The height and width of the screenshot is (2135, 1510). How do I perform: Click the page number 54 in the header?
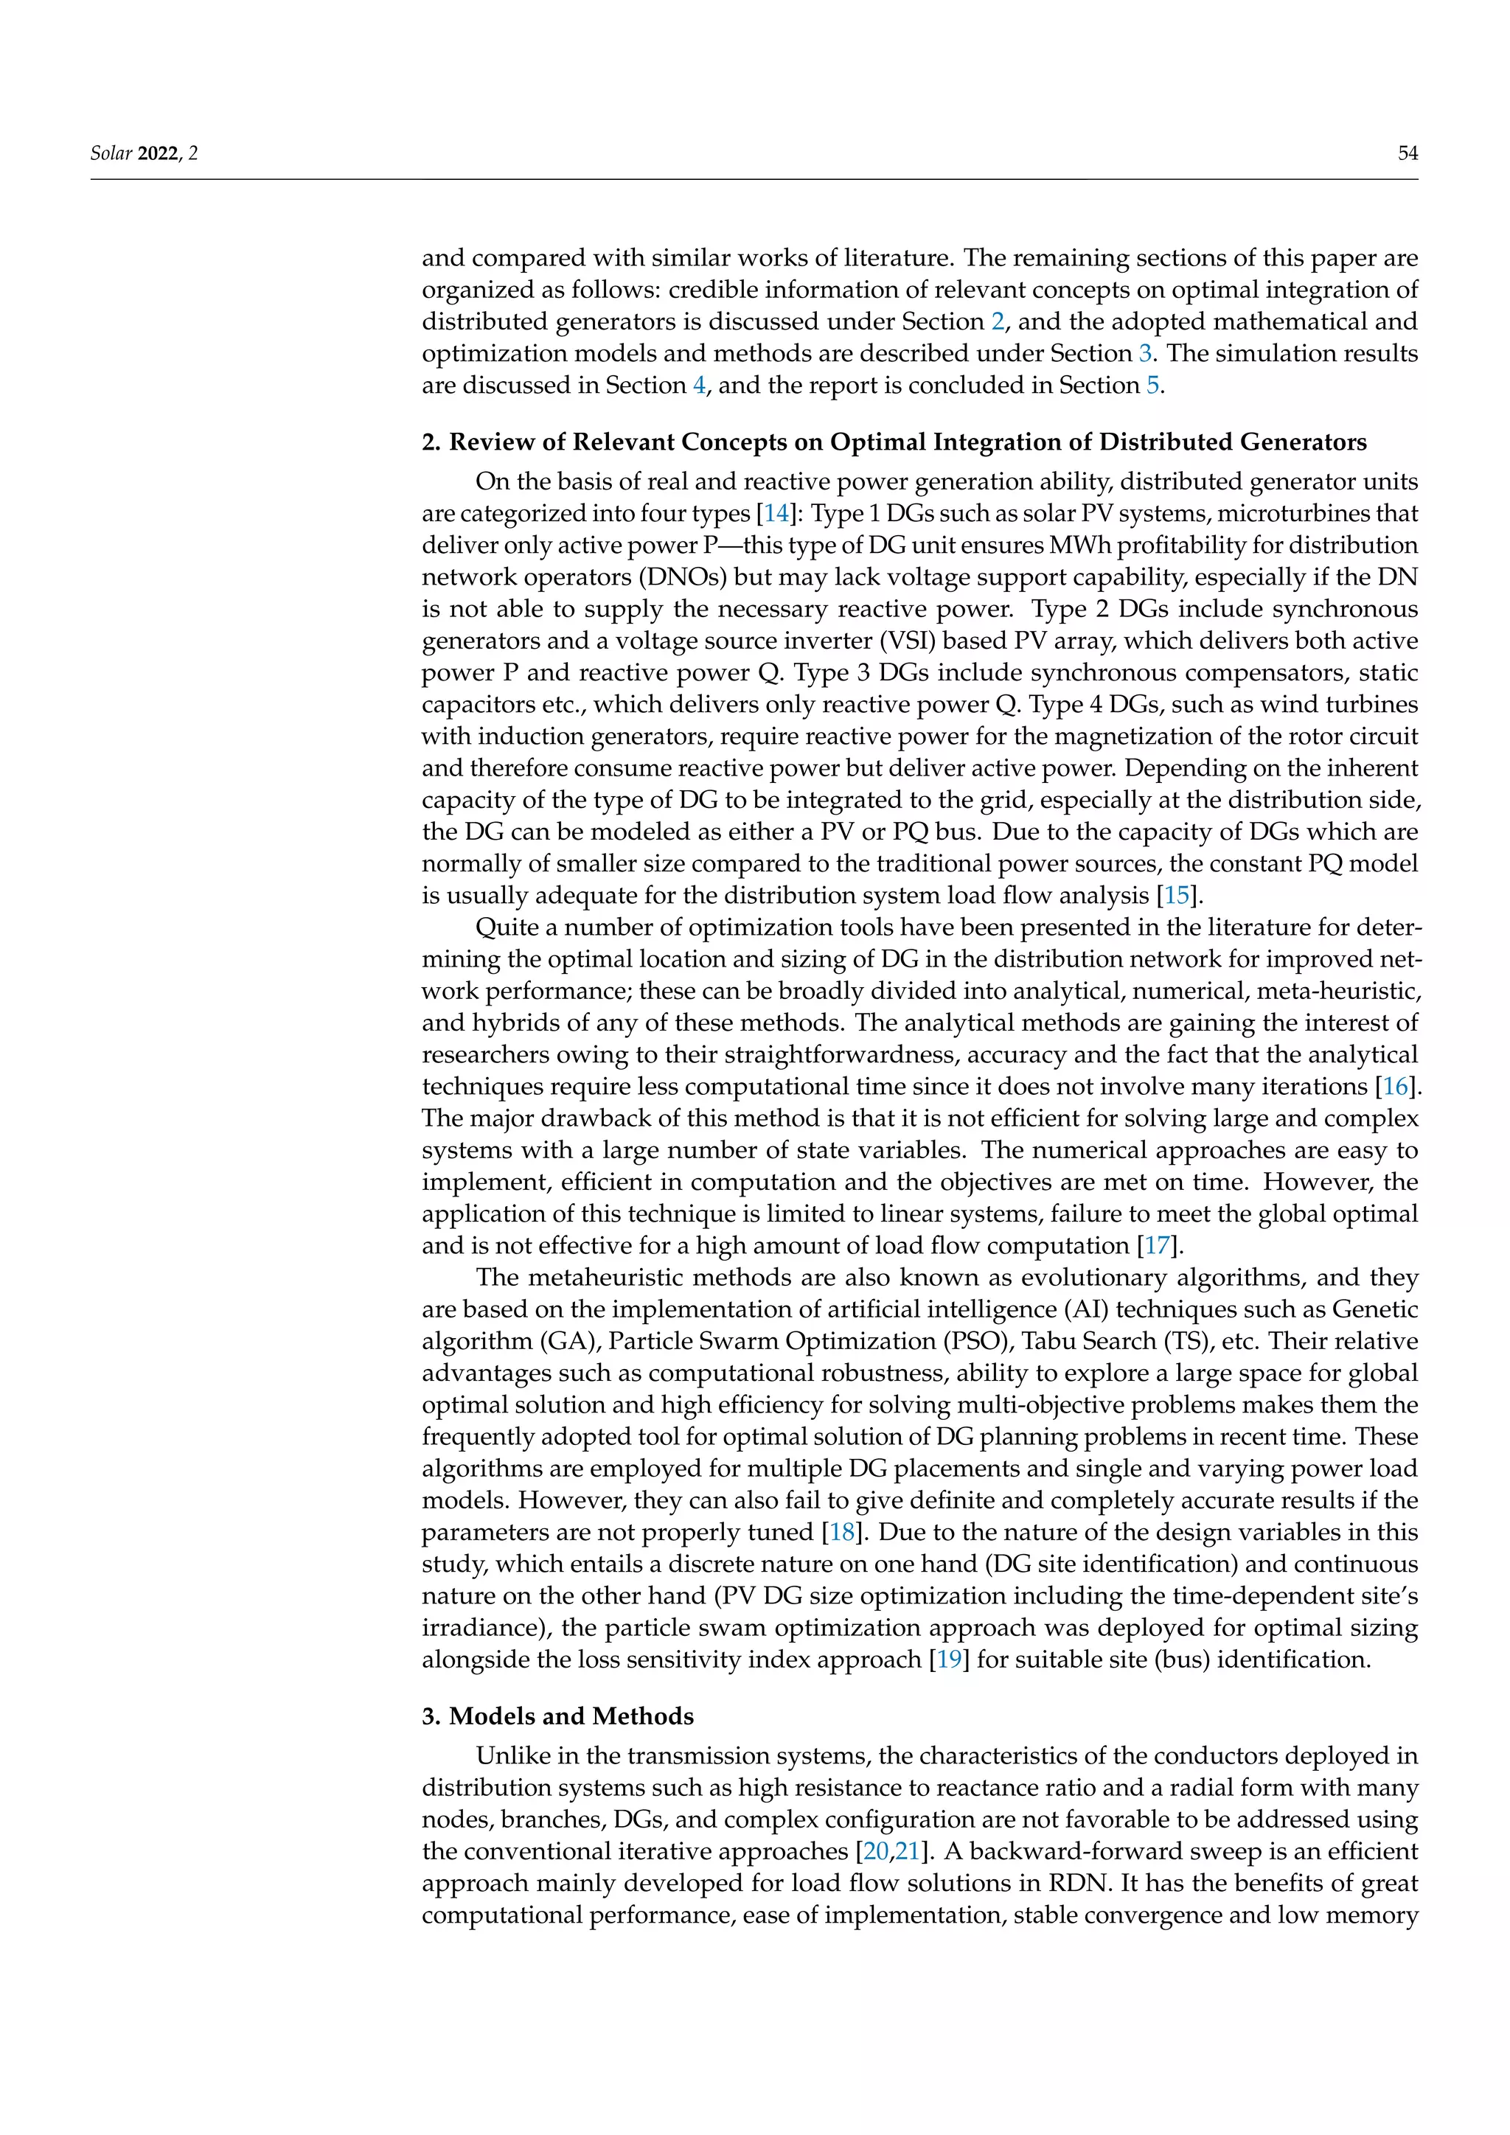click(1408, 153)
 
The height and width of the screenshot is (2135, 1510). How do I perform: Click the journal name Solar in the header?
click(111, 153)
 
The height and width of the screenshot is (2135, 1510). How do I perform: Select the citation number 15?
click(1176, 896)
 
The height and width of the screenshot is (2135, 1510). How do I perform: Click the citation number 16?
click(1396, 1086)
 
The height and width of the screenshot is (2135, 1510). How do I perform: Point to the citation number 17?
click(1157, 1245)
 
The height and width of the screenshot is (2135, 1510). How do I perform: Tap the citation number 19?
click(948, 1659)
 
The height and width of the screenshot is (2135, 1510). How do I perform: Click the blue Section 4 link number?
click(699, 385)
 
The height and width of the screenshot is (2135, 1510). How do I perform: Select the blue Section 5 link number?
click(1152, 385)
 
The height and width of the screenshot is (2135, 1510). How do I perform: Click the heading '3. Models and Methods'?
click(558, 1716)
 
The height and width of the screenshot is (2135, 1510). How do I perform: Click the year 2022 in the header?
click(158, 153)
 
